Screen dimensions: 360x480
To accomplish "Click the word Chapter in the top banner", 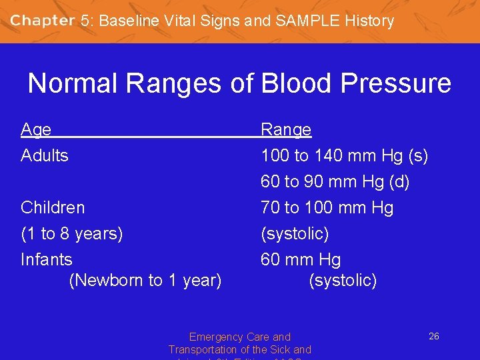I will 42,21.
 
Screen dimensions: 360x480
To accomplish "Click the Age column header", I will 36,129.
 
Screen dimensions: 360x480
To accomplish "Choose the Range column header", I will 286,129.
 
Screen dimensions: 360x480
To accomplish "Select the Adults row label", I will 45,156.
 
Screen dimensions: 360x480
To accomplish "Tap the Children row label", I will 53,207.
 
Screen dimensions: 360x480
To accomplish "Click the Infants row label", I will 47,259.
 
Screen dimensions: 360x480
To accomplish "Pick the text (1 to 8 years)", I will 72,234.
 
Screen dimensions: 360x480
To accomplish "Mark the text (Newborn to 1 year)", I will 145,281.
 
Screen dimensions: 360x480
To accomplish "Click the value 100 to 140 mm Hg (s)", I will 344,156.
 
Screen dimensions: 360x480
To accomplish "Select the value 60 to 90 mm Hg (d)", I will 335,182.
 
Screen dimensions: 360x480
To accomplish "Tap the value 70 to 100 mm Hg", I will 327,207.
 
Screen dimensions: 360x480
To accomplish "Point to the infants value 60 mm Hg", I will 301,259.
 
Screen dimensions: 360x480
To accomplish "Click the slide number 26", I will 433,337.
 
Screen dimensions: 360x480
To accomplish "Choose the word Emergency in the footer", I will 212,337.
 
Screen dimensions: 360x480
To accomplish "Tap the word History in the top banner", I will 369,21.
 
